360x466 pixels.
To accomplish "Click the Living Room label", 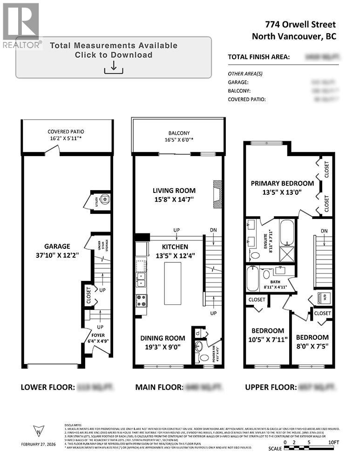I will click(175, 191).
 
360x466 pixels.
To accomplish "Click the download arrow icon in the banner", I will click(113, 68).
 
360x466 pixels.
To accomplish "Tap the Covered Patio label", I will click(65, 132).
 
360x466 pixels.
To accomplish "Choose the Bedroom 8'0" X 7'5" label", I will click(312, 337).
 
